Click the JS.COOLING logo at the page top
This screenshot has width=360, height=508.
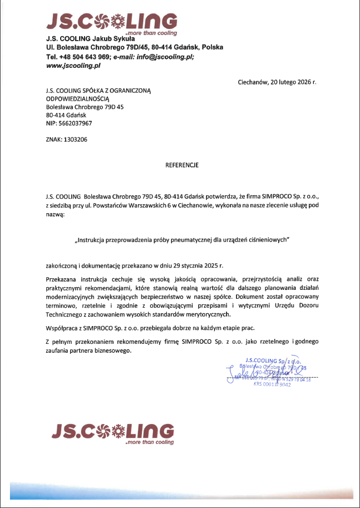click(x=112, y=21)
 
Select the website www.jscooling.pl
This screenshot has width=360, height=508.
click(x=73, y=66)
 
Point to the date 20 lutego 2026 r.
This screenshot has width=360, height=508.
click(x=293, y=82)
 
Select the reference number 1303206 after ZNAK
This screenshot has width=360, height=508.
click(x=76, y=140)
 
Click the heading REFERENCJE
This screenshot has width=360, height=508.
click(x=182, y=165)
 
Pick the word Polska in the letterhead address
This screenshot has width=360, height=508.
click(x=213, y=48)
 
